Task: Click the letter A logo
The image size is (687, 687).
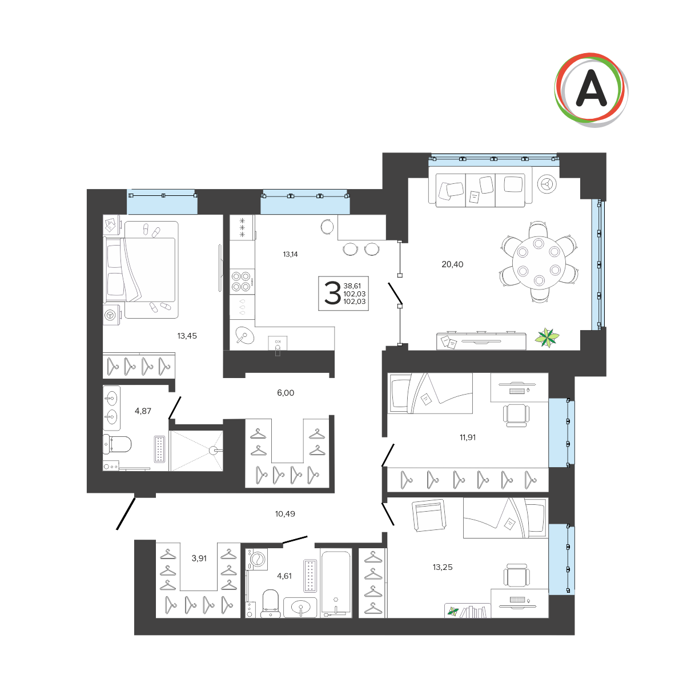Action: pos(590,90)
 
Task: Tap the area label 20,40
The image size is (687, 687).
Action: pos(452,264)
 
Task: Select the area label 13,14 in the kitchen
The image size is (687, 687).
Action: pos(290,254)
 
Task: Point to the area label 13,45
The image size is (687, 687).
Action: pos(187,336)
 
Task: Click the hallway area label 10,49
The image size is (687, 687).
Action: pos(285,514)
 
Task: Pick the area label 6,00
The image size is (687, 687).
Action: pos(286,393)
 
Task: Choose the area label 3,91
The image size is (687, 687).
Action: pos(199,559)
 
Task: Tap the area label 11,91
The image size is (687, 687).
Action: pos(467,437)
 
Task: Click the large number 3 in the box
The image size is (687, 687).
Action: pos(332,293)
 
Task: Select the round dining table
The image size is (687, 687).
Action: pos(539,263)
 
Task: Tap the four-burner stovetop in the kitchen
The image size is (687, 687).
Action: pos(242,282)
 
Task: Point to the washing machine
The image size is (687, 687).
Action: pos(256,559)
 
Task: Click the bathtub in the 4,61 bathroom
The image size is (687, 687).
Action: pos(335,584)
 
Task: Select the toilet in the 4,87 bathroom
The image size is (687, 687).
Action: pos(117,444)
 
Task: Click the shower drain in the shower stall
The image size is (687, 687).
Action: pos(212,450)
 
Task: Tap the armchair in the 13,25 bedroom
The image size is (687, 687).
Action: pos(428,515)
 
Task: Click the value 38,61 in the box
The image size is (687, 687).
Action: pos(352,286)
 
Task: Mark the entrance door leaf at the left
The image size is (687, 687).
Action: pos(126,514)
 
